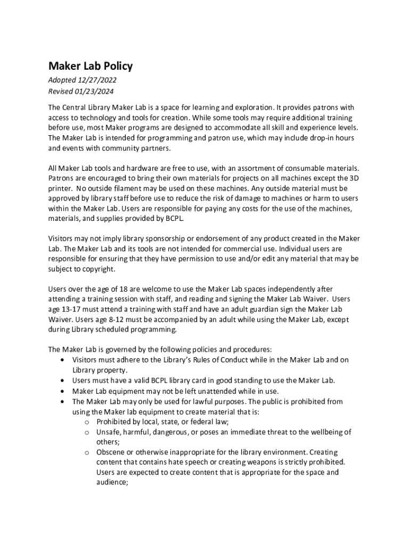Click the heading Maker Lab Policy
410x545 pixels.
[91, 66]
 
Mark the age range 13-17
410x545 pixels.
[73, 309]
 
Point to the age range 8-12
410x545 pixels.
[118, 319]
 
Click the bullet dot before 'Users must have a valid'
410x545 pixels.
[63, 381]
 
